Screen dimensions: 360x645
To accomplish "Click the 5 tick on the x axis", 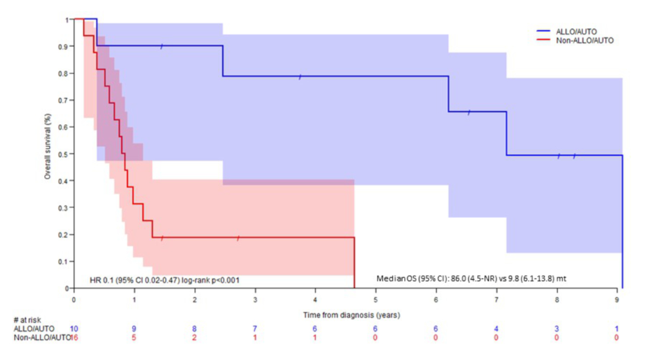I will coord(375,298).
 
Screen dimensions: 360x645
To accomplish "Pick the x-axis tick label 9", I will coord(617,298).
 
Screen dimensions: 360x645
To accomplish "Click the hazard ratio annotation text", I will coord(164,280).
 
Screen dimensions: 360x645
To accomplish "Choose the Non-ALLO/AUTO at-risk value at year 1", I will coord(134,337).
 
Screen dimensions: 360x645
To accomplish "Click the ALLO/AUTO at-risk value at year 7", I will coord(496,328).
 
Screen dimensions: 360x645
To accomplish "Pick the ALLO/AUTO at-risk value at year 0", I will coord(74,328).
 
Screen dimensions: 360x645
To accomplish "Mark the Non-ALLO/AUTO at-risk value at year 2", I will coord(194,337).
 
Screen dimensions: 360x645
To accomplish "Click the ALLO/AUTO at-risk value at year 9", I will coord(617,328).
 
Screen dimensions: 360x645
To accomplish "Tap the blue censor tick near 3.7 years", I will coord(300,76).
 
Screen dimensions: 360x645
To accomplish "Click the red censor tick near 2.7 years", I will coord(238,237).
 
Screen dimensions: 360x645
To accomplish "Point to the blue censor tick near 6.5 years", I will coord(469,112).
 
